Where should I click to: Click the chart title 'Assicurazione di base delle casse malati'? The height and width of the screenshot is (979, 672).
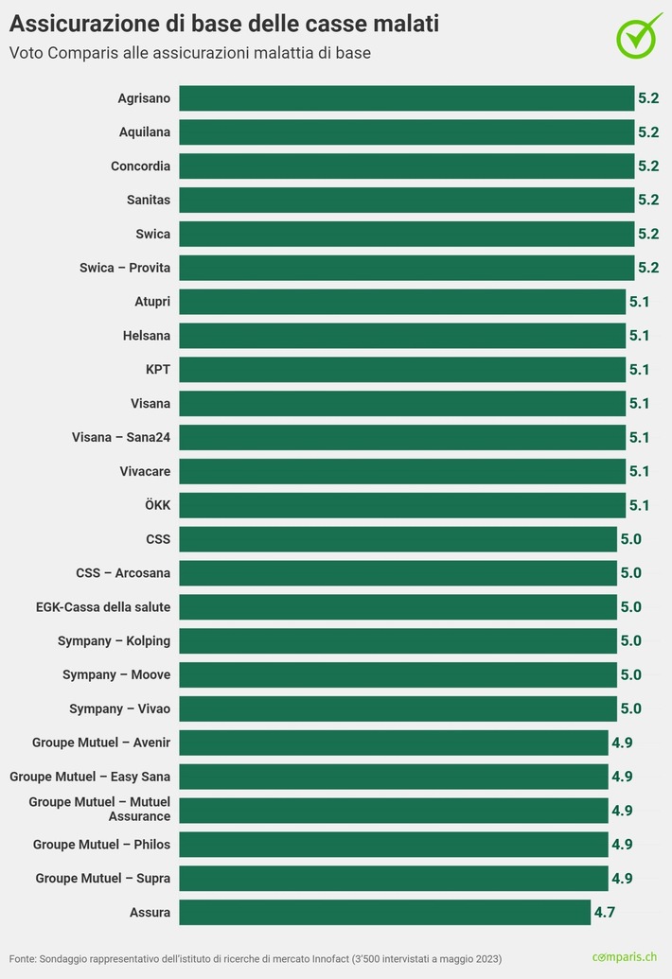(223, 22)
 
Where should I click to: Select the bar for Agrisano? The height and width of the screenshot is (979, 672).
(406, 98)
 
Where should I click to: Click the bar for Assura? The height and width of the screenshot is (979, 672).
(384, 912)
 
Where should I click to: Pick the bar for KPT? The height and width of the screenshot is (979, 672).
(401, 370)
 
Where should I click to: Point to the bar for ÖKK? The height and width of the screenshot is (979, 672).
(401, 505)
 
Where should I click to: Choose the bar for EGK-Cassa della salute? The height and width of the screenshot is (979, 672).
(398, 607)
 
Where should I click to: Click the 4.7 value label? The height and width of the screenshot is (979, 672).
(605, 913)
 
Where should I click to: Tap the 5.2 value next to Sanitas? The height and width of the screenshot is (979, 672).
(648, 200)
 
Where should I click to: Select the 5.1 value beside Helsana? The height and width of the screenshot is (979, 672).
(640, 336)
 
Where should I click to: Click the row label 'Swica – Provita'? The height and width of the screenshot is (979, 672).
(125, 268)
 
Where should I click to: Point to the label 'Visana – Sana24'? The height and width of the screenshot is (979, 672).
(121, 437)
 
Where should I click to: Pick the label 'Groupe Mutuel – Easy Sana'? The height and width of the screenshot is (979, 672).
(90, 777)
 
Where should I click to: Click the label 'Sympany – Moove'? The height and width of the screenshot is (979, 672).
(116, 674)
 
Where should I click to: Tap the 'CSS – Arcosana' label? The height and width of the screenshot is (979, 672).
(123, 573)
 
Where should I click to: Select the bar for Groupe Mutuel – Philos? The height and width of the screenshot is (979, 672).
(393, 845)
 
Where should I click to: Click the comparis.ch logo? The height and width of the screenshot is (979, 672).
(625, 957)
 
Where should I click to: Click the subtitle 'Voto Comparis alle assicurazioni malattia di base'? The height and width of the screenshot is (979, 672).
(190, 53)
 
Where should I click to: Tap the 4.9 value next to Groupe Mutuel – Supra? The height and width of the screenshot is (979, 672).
(622, 879)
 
